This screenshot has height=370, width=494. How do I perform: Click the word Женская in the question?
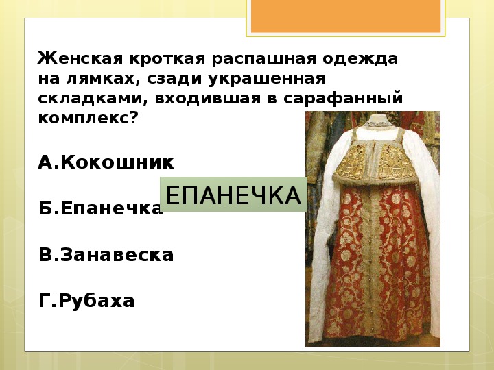point(80,58)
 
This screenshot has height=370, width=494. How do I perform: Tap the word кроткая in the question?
point(167,58)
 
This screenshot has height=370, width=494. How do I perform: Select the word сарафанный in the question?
point(343,98)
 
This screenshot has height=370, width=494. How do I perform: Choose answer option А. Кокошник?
point(106,162)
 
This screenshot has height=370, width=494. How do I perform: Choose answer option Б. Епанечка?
point(100,208)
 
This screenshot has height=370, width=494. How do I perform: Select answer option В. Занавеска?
point(106,254)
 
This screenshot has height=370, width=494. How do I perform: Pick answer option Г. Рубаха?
point(86,301)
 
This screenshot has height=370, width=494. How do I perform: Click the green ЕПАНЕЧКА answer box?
point(233,195)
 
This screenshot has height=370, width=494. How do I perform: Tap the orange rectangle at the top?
point(346,16)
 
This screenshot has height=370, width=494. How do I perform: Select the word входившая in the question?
point(208,99)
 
